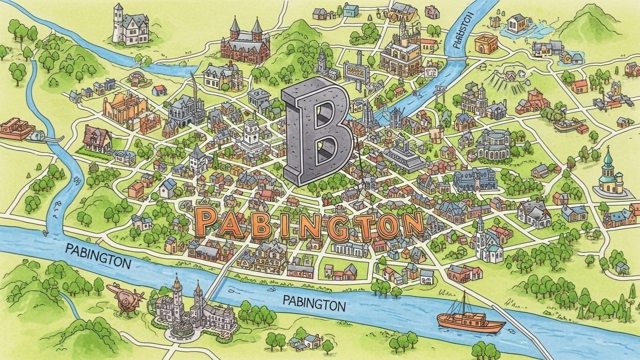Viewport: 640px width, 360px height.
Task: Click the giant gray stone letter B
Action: pyautogui.click(x=316, y=129)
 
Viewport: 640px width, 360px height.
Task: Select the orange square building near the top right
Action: pyautogui.click(x=485, y=44)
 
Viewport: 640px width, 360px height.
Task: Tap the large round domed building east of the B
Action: pyautogui.click(x=496, y=145)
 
